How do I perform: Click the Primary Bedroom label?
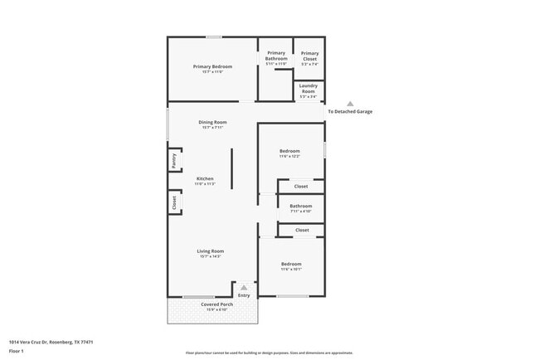point(212,66)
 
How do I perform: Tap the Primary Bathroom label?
point(276,56)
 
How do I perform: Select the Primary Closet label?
point(309,56)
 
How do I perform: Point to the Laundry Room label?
point(308,89)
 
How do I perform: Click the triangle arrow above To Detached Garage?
point(350,104)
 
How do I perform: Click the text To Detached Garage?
point(350,111)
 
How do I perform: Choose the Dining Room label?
point(212,122)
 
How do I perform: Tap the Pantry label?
point(174,160)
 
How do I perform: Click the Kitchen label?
point(205,179)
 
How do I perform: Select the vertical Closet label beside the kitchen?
point(174,202)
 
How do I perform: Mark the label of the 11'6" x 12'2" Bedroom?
point(289,151)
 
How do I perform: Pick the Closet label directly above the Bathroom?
point(301,186)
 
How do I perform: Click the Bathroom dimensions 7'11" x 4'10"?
point(301,212)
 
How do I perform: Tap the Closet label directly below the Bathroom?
point(302,230)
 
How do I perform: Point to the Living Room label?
point(210,251)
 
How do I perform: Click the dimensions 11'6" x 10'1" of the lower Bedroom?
point(290,269)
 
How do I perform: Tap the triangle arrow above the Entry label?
point(244,288)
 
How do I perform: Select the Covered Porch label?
point(216,304)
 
